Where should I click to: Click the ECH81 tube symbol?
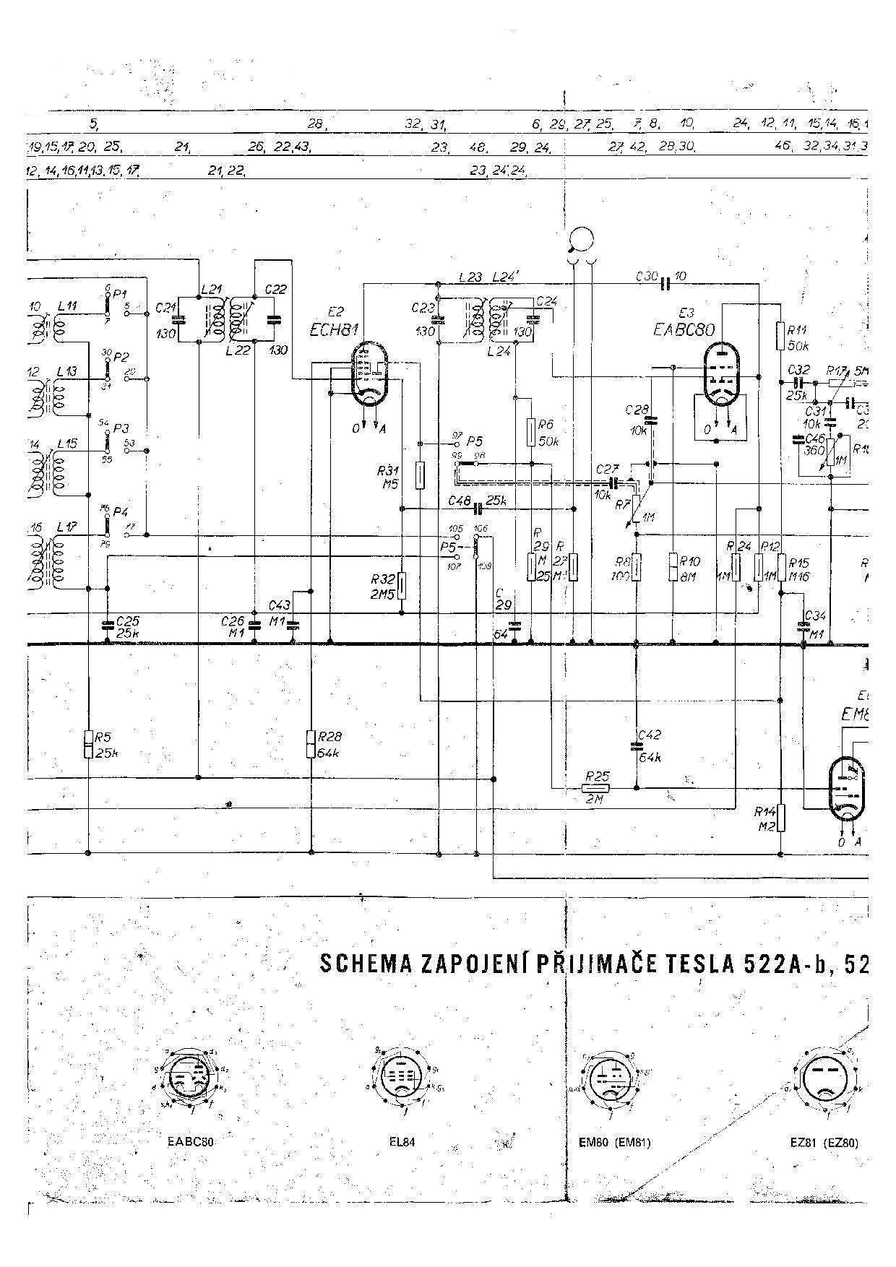(x=369, y=374)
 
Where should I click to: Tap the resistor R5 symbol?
(x=88, y=743)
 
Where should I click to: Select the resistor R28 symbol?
(x=311, y=743)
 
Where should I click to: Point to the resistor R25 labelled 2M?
(x=596, y=787)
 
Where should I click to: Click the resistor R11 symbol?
(x=780, y=336)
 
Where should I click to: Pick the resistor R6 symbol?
(x=532, y=432)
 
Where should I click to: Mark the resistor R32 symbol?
(x=402, y=586)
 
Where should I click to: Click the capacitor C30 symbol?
(x=665, y=283)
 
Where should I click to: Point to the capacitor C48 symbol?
(x=477, y=509)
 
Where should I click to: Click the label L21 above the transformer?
(x=212, y=289)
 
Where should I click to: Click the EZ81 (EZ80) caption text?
(x=824, y=1143)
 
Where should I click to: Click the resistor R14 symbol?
(x=780, y=818)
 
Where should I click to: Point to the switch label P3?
(x=121, y=428)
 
